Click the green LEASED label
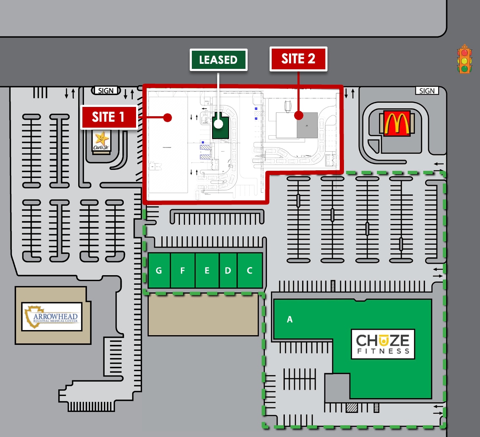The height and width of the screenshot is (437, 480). pyautogui.click(x=218, y=60)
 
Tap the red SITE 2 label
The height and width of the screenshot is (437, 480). pyautogui.click(x=298, y=59)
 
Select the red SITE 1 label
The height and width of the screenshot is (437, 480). pyautogui.click(x=109, y=117)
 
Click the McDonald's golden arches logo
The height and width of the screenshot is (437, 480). pyautogui.click(x=397, y=123)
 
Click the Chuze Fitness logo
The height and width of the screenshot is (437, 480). pyautogui.click(x=383, y=344)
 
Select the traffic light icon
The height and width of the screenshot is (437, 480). pyautogui.click(x=464, y=59)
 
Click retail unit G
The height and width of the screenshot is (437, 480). pyautogui.click(x=159, y=270)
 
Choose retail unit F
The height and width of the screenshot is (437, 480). pyautogui.click(x=183, y=270)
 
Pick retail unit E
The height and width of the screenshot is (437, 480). pyautogui.click(x=207, y=270)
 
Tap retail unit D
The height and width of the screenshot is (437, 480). pyautogui.click(x=228, y=270)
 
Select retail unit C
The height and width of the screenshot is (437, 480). pyautogui.click(x=250, y=270)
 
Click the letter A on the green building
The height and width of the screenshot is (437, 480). pyautogui.click(x=290, y=320)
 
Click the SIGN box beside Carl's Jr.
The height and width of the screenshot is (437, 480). pyautogui.click(x=106, y=90)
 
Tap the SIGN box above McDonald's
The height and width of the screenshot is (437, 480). pyautogui.click(x=427, y=90)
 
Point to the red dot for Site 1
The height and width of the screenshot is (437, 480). pyautogui.click(x=167, y=117)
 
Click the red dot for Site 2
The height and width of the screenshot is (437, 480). pyautogui.click(x=299, y=115)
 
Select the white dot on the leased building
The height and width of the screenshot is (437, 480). pyautogui.click(x=218, y=124)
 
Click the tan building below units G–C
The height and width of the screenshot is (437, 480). pyautogui.click(x=203, y=315)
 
